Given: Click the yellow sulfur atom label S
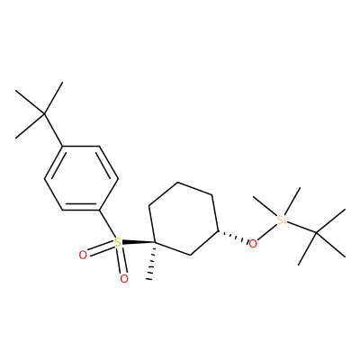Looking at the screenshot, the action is (x=118, y=242).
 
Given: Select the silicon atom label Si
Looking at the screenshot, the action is (x=282, y=220).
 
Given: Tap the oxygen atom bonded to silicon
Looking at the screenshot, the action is (x=253, y=244).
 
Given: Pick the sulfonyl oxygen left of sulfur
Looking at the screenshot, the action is (x=83, y=256).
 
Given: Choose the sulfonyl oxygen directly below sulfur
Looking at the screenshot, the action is (x=124, y=279).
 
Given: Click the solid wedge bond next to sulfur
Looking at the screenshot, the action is (x=138, y=242).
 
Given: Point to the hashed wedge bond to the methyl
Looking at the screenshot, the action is (x=151, y=261).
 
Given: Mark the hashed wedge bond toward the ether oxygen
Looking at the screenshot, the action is (x=233, y=236).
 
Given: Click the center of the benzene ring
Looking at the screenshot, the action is (x=81, y=178).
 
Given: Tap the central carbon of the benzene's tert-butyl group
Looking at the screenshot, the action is (x=44, y=114).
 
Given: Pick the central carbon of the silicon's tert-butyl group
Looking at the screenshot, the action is (x=316, y=232).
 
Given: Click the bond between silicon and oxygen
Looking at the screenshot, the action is (x=266, y=233).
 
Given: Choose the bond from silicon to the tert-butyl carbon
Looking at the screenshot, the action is (x=301, y=228).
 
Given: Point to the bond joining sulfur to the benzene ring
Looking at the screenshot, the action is (x=107, y=224).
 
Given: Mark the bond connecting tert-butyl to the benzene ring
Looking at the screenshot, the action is (x=53, y=130).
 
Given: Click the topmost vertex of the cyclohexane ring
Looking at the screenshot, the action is (x=178, y=183).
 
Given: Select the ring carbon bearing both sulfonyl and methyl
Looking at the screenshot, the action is (x=155, y=242).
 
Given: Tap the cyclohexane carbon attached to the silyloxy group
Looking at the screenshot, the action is (x=218, y=231).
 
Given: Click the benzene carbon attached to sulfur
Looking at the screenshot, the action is (x=100, y=210).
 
